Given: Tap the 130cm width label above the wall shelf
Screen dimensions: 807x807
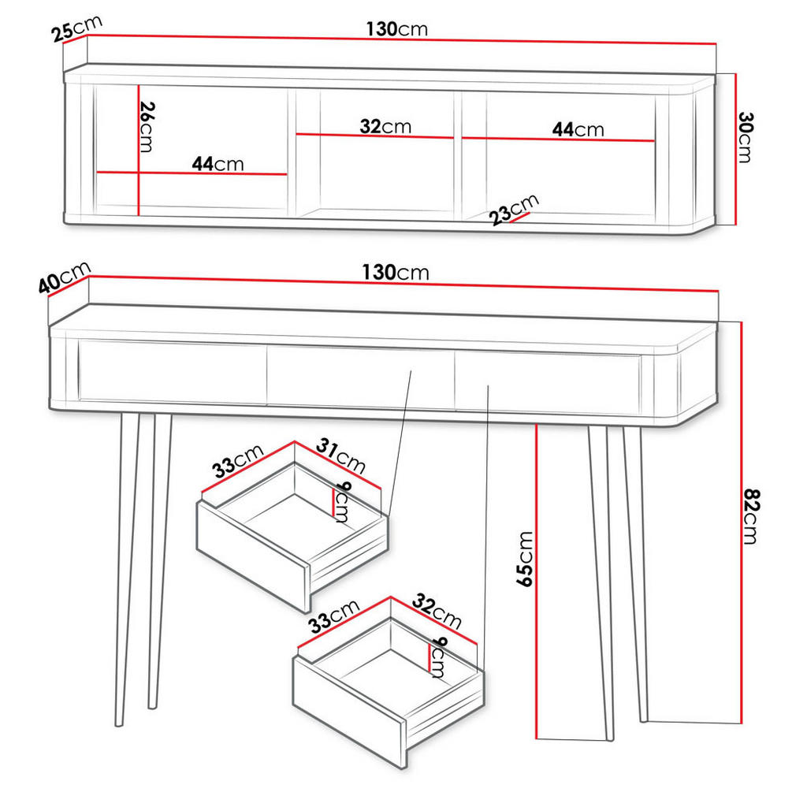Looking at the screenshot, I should coord(396,29).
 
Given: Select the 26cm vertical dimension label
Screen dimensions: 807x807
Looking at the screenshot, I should coord(145,127).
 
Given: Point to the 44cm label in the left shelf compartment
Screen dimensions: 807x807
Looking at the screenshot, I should coord(218,164).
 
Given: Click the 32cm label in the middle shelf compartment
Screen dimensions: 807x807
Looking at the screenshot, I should coord(385,126).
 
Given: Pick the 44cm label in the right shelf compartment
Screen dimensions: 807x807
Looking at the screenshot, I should coord(578,129).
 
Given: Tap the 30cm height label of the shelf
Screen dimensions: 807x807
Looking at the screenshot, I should coord(745,137).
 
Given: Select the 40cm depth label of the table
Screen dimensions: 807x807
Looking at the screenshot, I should coord(65,277).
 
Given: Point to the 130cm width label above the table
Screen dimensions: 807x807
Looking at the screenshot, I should coord(396,273).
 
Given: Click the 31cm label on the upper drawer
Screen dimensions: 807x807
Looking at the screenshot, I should coord(340,457).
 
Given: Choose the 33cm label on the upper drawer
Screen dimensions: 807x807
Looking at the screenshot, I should coord(237,462).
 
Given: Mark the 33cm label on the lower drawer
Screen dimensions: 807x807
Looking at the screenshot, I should coord(333,616).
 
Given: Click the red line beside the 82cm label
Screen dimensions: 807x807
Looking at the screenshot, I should coord(742,520).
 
